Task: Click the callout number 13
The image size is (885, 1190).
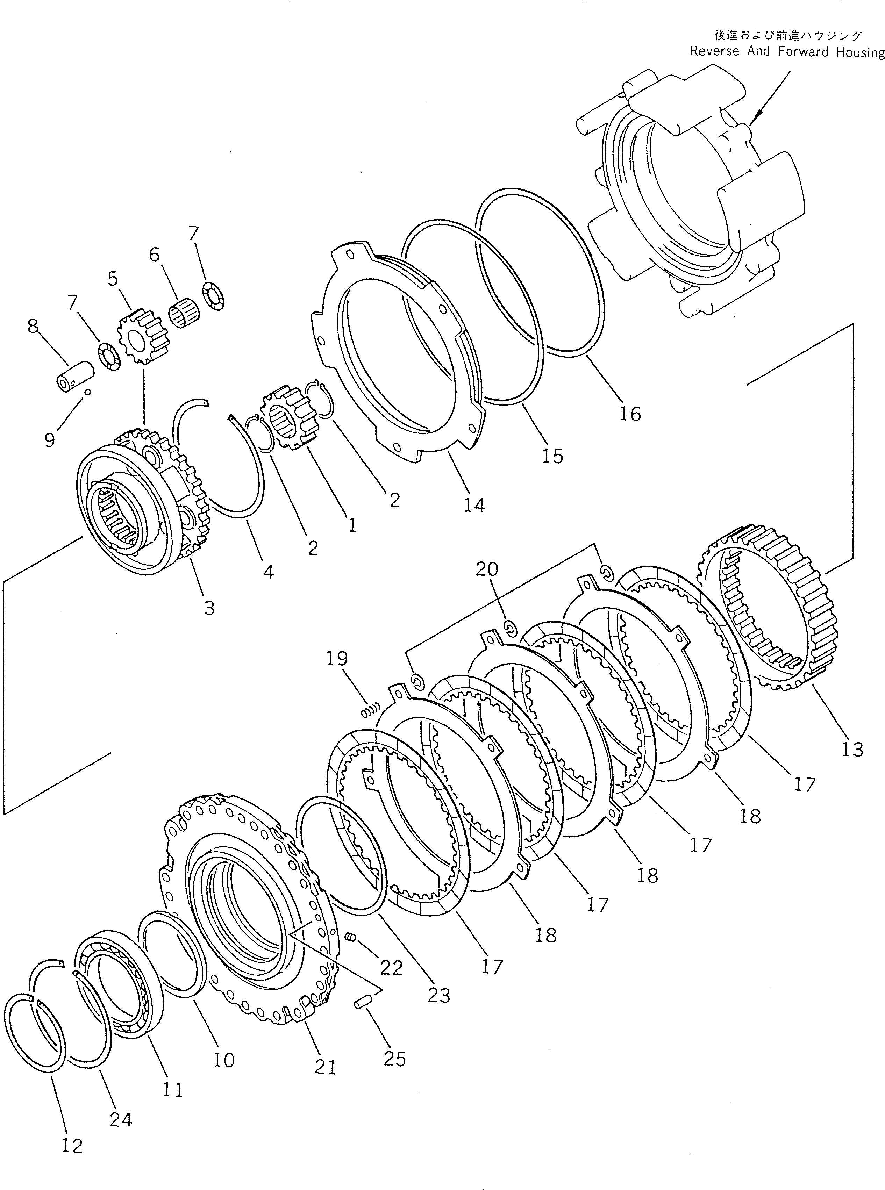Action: pyautogui.click(x=852, y=749)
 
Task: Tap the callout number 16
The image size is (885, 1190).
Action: pyautogui.click(x=630, y=414)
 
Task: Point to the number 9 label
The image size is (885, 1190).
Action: pyautogui.click(x=49, y=440)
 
